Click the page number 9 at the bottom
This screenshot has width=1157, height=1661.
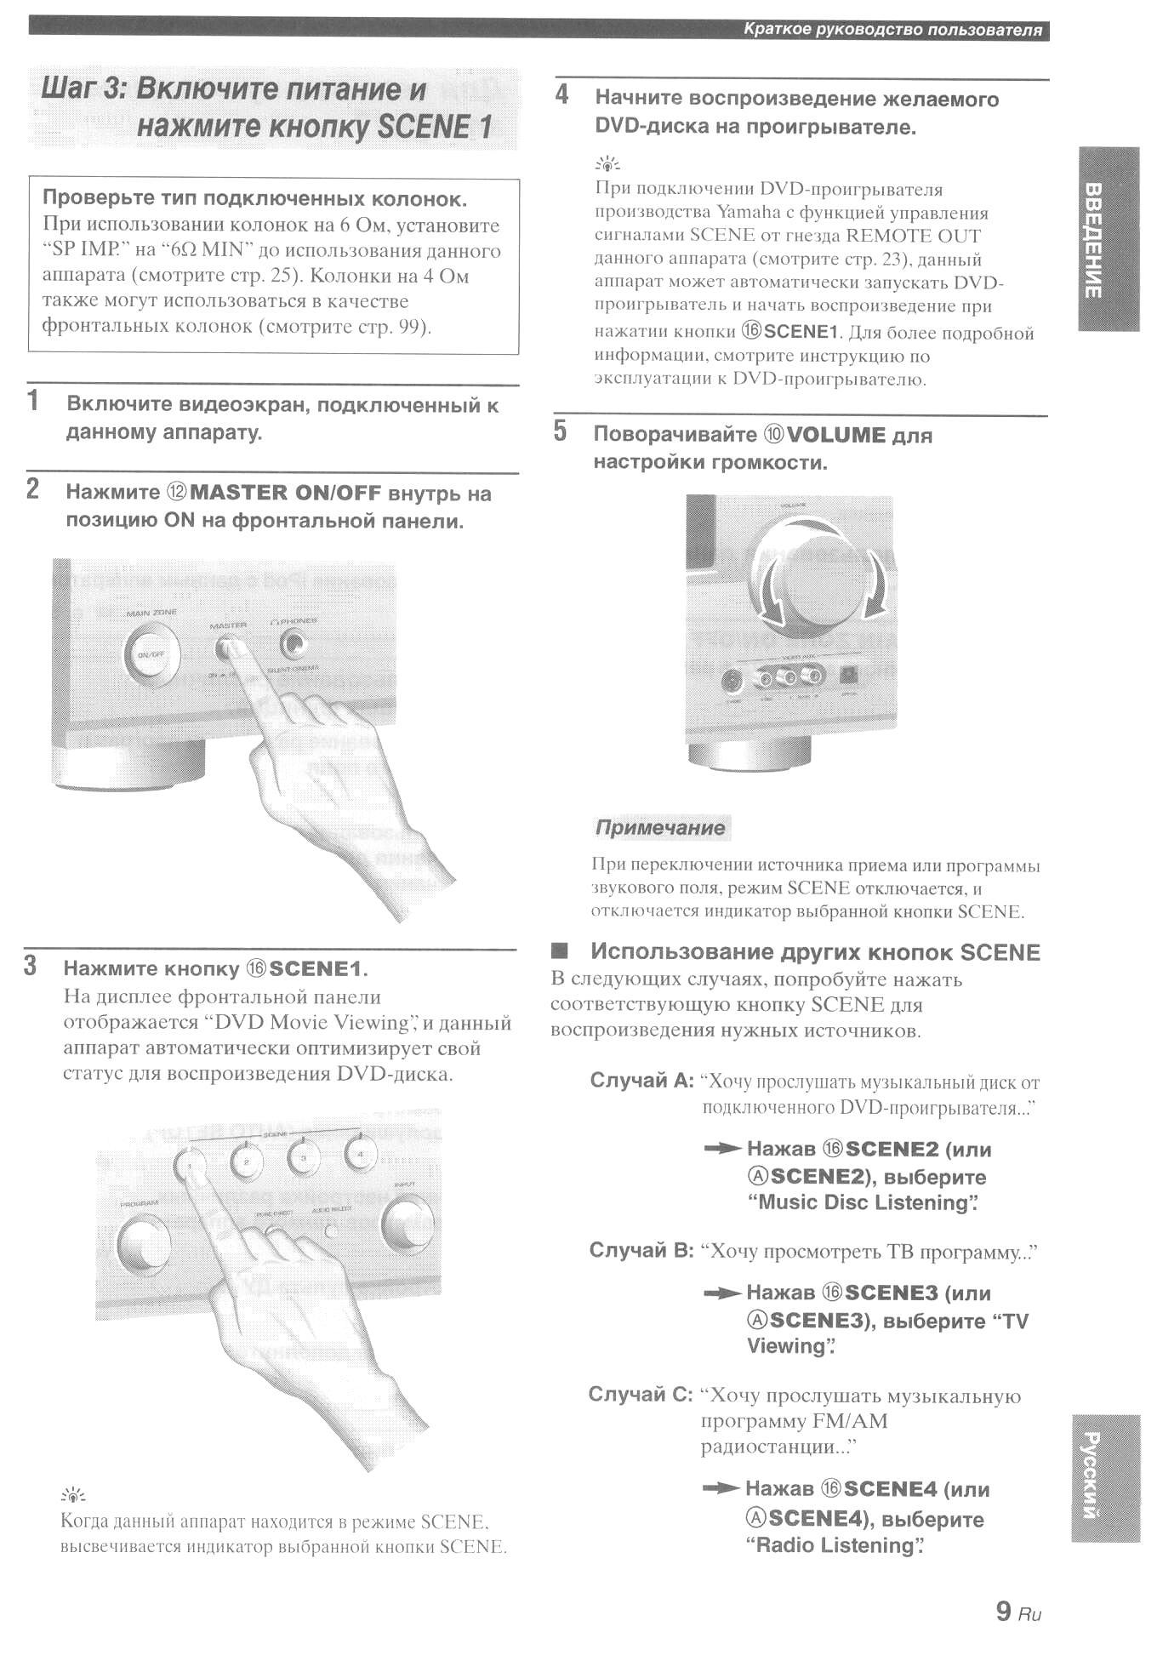coord(1003,1610)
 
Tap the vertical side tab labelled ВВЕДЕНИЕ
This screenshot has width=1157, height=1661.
coord(1108,239)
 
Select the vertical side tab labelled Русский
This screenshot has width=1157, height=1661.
coord(1105,1477)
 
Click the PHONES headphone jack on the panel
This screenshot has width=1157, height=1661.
coord(294,644)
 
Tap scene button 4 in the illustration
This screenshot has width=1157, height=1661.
coord(361,1155)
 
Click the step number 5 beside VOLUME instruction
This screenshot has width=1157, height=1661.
coord(560,431)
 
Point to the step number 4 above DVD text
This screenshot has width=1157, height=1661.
coord(561,94)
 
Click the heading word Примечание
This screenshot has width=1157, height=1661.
coord(660,827)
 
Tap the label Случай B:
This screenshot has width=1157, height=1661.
coord(641,1251)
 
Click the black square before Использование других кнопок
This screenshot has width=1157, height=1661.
coord(559,950)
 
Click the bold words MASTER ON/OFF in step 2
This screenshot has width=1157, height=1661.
coord(286,493)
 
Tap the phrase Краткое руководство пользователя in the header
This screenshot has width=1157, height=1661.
coord(892,31)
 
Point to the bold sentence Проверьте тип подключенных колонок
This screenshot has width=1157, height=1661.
coord(254,199)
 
